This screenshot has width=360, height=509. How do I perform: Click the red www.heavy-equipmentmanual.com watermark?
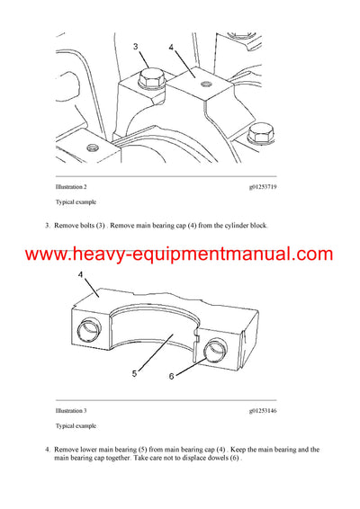(180, 254)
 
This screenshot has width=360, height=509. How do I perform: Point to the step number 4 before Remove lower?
(48, 448)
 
